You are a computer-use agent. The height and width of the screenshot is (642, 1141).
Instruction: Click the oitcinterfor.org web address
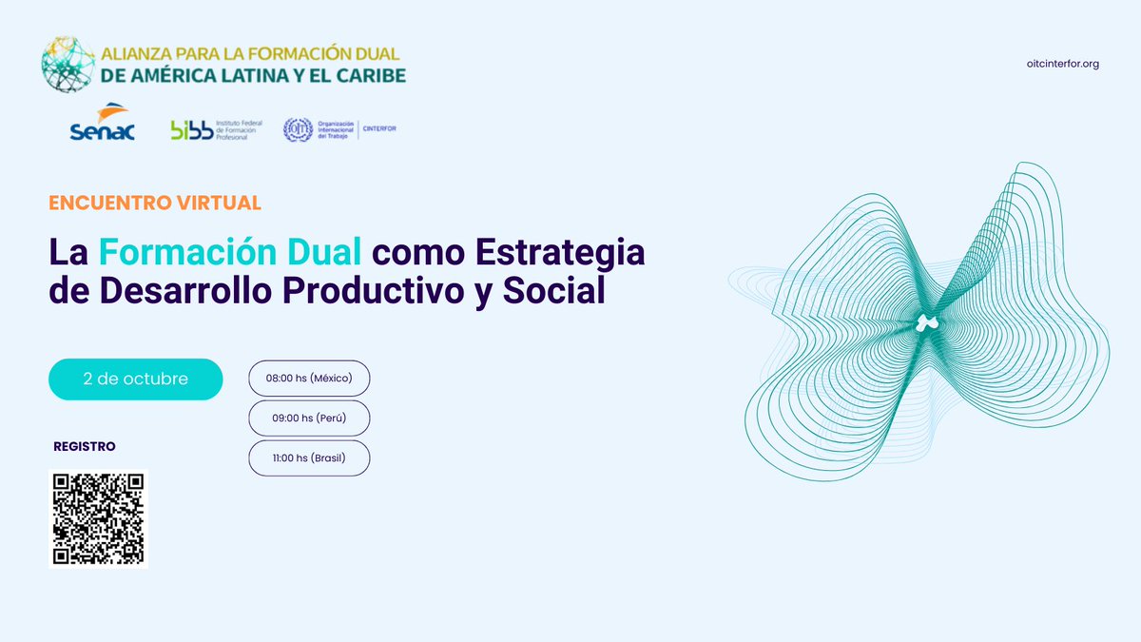coord(1063,64)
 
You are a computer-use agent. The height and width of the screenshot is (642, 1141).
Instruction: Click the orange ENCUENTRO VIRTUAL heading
coord(155,203)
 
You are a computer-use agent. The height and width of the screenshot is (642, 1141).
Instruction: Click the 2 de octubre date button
coord(136,379)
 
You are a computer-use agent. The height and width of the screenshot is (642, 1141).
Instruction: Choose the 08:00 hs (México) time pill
coord(309,379)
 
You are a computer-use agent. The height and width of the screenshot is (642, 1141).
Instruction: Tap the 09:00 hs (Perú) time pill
coord(309,418)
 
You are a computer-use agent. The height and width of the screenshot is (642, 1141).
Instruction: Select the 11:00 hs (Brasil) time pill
coord(309,458)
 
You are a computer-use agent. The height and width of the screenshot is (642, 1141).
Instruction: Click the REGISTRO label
coord(85,446)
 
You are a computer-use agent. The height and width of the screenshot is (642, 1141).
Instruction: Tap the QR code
coord(98,518)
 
